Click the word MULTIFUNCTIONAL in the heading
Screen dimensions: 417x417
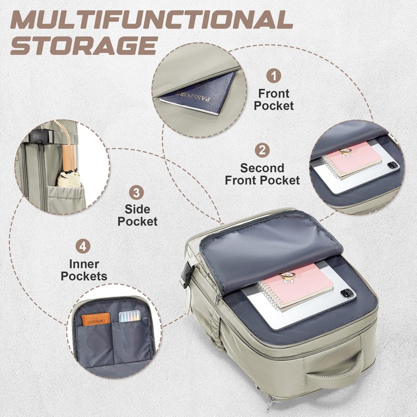(x=152, y=20)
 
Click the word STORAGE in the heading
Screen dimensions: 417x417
(x=84, y=45)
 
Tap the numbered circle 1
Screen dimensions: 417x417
(x=274, y=76)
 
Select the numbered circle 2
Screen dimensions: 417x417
(x=262, y=150)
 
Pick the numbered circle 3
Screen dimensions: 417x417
(x=136, y=193)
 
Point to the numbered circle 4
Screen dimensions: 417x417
(x=83, y=246)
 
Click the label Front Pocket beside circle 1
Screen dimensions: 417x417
(x=274, y=100)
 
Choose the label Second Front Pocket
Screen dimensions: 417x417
(x=262, y=174)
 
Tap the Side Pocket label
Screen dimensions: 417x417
(x=138, y=215)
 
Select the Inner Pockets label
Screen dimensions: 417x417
(x=84, y=270)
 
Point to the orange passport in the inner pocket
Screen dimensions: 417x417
(x=96, y=319)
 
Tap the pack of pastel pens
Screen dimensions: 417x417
(x=129, y=316)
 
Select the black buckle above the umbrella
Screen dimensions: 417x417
(x=41, y=136)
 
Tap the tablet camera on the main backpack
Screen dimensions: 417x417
(x=348, y=293)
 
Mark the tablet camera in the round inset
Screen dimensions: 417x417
(x=393, y=165)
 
